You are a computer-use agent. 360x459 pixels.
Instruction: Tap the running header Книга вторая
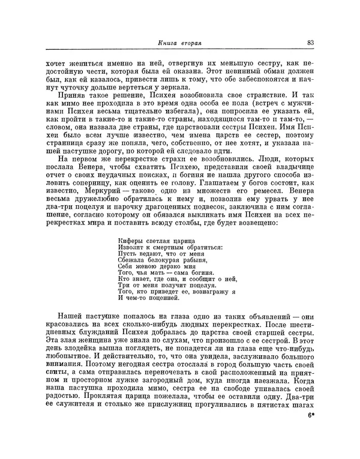click(179, 43)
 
